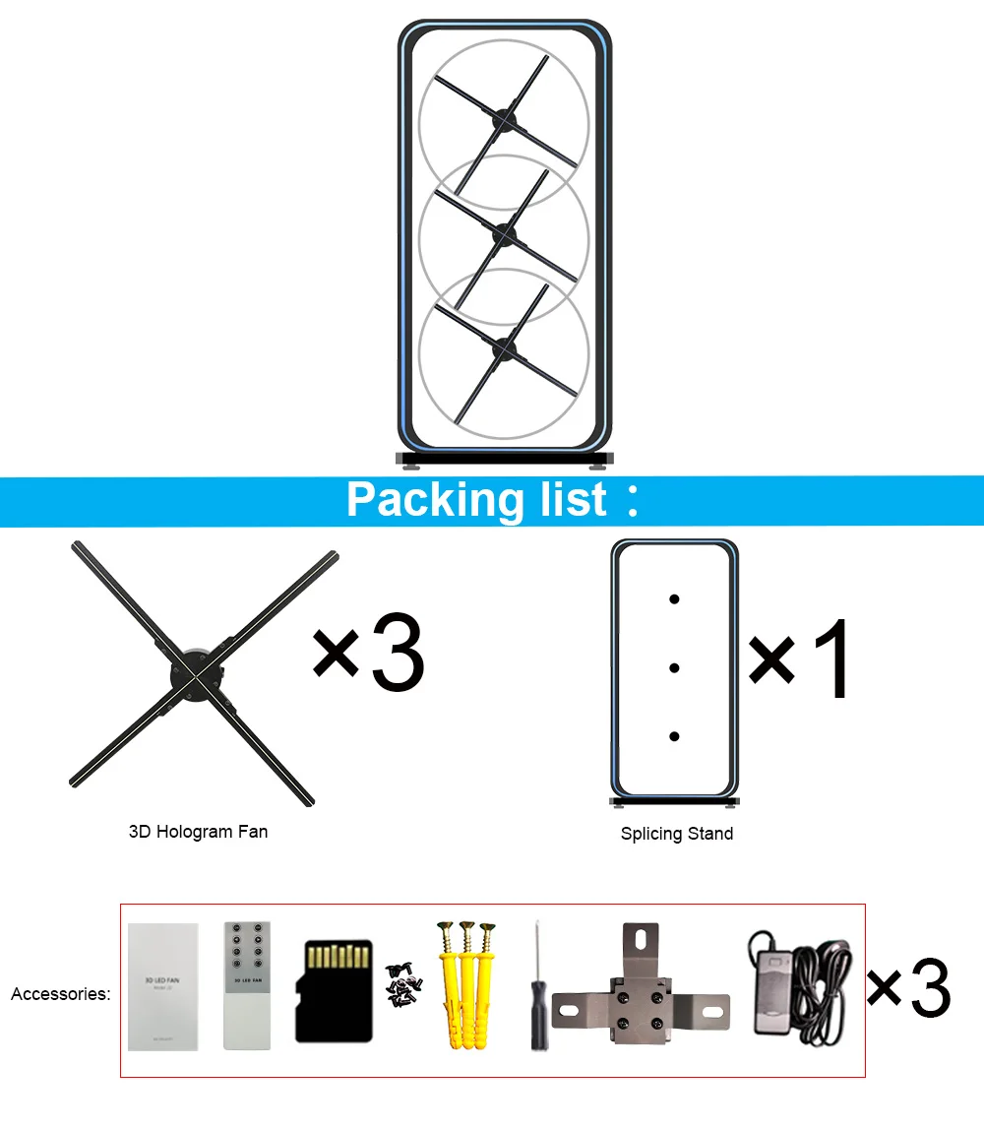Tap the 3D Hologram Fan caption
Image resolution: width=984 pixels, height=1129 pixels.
tap(198, 832)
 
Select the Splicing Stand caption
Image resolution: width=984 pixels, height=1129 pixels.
tap(677, 834)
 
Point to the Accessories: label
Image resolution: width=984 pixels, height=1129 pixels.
tap(61, 994)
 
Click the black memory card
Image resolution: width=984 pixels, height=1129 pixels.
tap(335, 990)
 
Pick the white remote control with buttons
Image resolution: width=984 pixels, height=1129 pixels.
tap(246, 985)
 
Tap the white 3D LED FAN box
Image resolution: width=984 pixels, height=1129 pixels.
tap(163, 986)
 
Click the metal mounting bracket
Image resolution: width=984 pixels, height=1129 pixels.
tap(641, 992)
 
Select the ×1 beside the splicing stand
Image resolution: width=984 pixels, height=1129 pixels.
tap(800, 659)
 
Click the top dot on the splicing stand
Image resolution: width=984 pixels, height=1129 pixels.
tap(674, 598)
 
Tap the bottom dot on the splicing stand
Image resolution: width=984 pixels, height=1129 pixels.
tap(674, 736)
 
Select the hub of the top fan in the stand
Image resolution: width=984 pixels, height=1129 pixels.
tap(505, 122)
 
